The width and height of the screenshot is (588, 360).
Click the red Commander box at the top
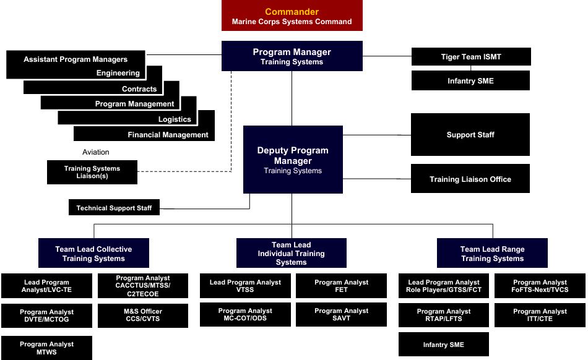pos(292,16)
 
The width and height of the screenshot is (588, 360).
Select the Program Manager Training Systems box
pos(292,56)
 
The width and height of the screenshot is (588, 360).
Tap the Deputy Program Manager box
pos(293,160)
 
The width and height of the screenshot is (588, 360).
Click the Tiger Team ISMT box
pos(471,57)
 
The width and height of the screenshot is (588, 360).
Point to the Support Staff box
pos(470,135)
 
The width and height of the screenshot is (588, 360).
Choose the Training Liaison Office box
pos(470,179)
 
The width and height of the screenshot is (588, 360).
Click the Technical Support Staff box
pos(114,208)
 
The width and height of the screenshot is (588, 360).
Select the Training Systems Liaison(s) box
pos(92,173)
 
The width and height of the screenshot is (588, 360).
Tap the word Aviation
pos(95,152)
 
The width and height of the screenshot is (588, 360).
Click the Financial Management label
pos(168,135)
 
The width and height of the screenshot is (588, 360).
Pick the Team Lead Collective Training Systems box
pos(93,254)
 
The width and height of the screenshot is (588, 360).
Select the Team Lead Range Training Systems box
pos(492,254)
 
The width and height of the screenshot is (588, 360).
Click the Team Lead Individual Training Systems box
pos(291,254)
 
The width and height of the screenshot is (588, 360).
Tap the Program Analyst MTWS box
pos(46,348)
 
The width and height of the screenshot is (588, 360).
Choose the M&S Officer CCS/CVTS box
pos(143,315)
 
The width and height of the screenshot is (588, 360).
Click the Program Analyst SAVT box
pos(341,315)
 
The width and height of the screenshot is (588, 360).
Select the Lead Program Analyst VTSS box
pos(245,286)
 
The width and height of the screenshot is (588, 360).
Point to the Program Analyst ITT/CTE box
pos(540,315)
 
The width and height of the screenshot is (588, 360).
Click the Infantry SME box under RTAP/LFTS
pos(443,345)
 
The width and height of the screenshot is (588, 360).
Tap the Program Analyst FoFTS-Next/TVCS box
pos(540,286)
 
